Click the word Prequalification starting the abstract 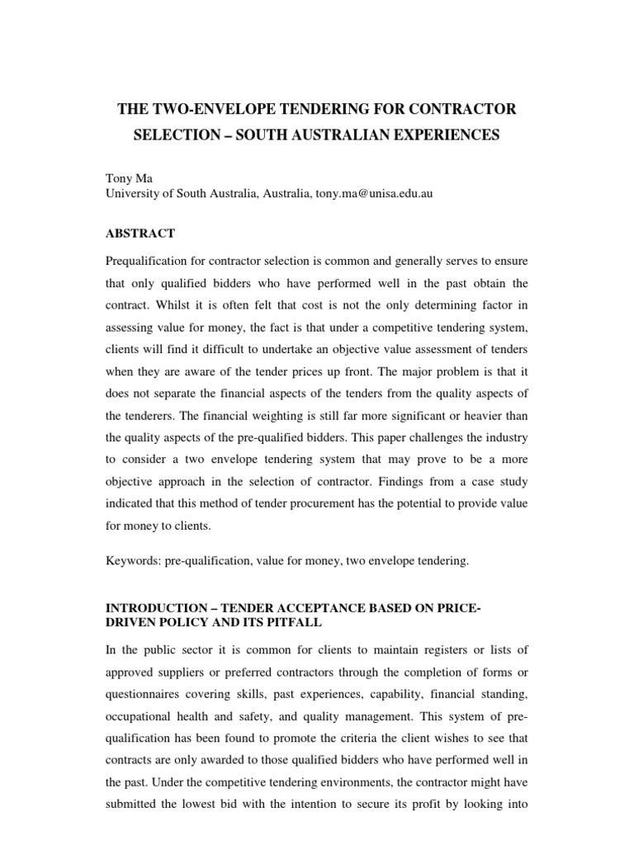point(152,262)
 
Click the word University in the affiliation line point(135,194)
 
